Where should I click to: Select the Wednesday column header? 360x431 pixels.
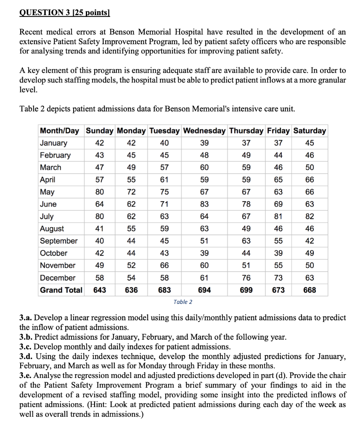click(x=204, y=130)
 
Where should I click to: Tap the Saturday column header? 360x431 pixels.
click(x=310, y=130)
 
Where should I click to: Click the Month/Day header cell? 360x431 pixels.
click(x=59, y=130)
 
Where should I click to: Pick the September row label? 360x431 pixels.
click(x=59, y=241)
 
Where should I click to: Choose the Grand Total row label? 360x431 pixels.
click(x=61, y=290)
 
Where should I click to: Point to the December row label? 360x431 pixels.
click(x=58, y=278)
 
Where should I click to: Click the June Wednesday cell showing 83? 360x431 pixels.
click(x=204, y=204)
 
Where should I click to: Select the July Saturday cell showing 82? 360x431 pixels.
click(x=310, y=216)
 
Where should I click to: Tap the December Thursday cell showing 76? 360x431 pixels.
click(x=246, y=278)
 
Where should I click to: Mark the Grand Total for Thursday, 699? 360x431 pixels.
click(x=246, y=290)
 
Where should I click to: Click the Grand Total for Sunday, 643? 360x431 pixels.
click(x=99, y=290)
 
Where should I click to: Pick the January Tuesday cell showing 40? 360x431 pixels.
click(x=164, y=143)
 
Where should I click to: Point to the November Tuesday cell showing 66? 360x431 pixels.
click(x=164, y=265)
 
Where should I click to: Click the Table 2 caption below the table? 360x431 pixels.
click(x=183, y=302)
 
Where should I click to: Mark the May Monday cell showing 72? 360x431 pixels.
click(x=131, y=192)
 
